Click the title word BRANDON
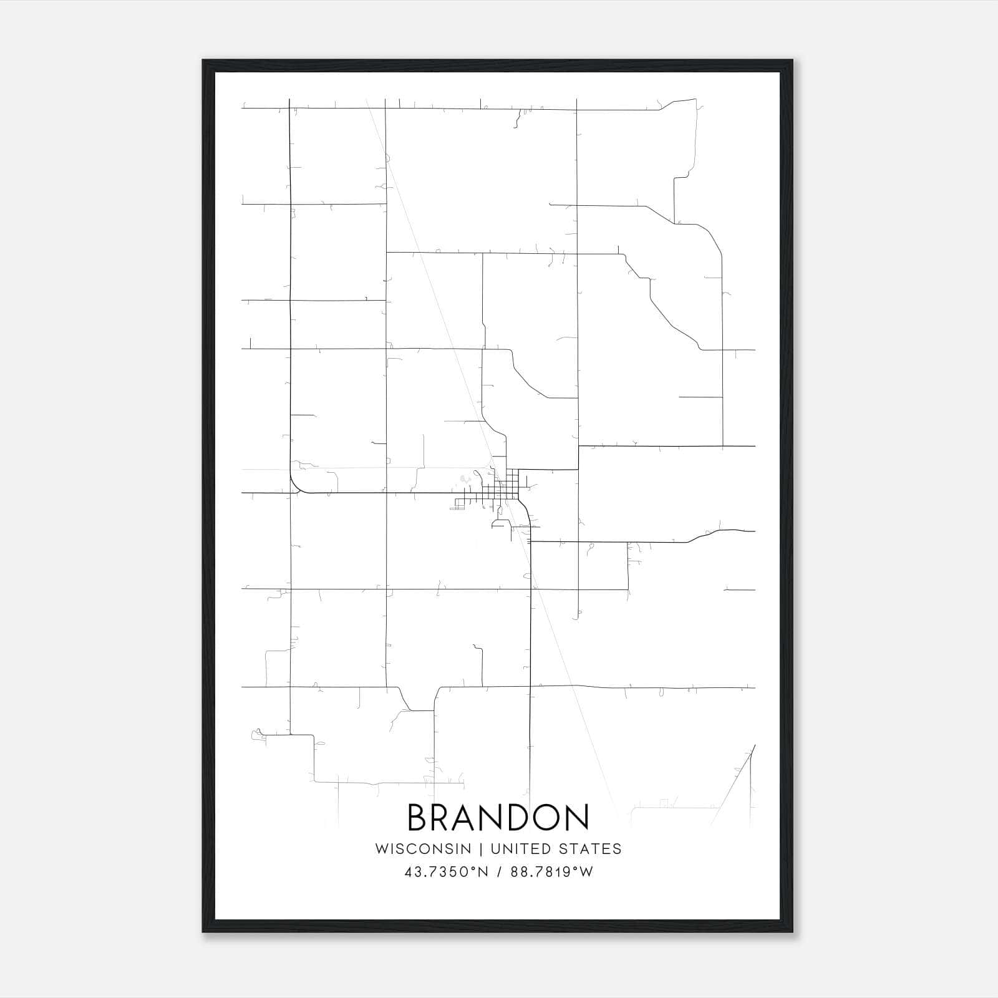(498, 818)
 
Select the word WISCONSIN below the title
(423, 849)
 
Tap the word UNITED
(521, 849)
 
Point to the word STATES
(590, 849)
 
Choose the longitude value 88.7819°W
(552, 872)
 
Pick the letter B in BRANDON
(419, 818)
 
